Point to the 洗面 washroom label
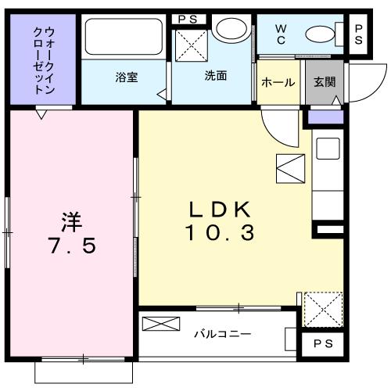(x=215, y=77)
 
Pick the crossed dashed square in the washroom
(x=189, y=45)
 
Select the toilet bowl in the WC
(x=320, y=34)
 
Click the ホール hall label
(x=278, y=82)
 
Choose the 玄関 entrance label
(x=324, y=82)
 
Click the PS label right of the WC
(x=359, y=34)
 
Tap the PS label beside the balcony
(x=321, y=343)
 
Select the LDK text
(x=220, y=209)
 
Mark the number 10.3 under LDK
(x=220, y=233)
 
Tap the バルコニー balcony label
(x=222, y=334)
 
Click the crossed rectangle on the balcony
(x=160, y=324)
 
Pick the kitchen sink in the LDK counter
(x=327, y=148)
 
